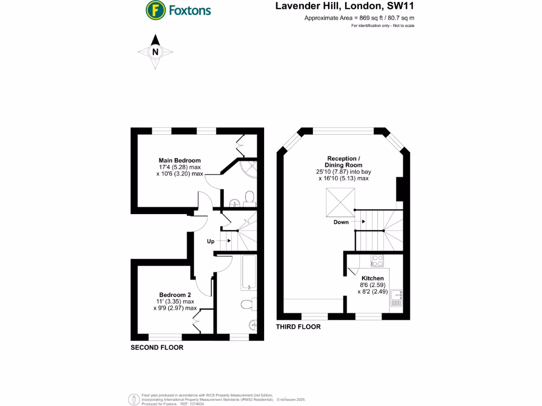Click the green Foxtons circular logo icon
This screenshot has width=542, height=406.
[x=155, y=10]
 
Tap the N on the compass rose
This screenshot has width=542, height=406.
[x=155, y=52]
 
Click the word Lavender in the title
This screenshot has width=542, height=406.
[x=299, y=6]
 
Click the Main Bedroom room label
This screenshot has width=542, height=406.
[x=180, y=160]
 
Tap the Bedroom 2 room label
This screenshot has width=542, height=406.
[x=175, y=294]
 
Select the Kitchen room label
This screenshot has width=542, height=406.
[x=373, y=278]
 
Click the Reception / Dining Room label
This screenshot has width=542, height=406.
[x=344, y=162]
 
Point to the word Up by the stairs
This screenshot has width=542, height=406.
[x=211, y=241]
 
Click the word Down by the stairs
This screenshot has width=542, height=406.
[x=341, y=222]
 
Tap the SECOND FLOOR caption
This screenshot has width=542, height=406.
[x=157, y=348]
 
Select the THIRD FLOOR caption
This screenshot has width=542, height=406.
[x=299, y=327]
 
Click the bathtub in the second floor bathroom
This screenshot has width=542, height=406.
[x=248, y=272]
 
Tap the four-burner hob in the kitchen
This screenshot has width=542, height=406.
[x=377, y=260]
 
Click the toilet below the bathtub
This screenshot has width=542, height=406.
[x=247, y=304]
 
